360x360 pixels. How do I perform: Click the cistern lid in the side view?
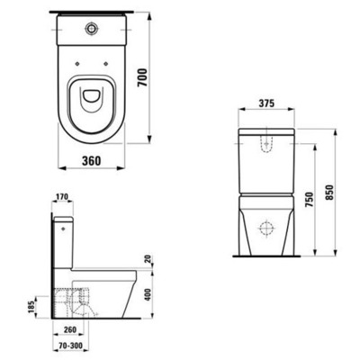pos(62,218)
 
